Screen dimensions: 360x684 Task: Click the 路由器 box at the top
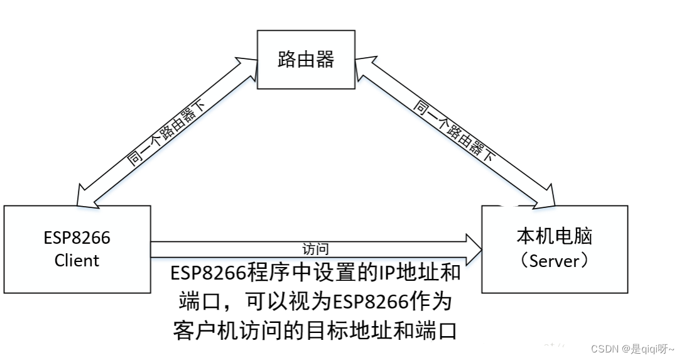pyautogui.click(x=305, y=60)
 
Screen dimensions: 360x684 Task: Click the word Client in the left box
pyautogui.click(x=77, y=260)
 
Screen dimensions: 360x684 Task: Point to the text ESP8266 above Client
pyautogui.click(x=77, y=238)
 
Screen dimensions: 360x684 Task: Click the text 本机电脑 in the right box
pyautogui.click(x=554, y=237)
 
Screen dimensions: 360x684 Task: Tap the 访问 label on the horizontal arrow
pyautogui.click(x=315, y=249)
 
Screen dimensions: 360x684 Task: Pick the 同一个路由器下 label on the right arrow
pyautogui.click(x=452, y=131)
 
